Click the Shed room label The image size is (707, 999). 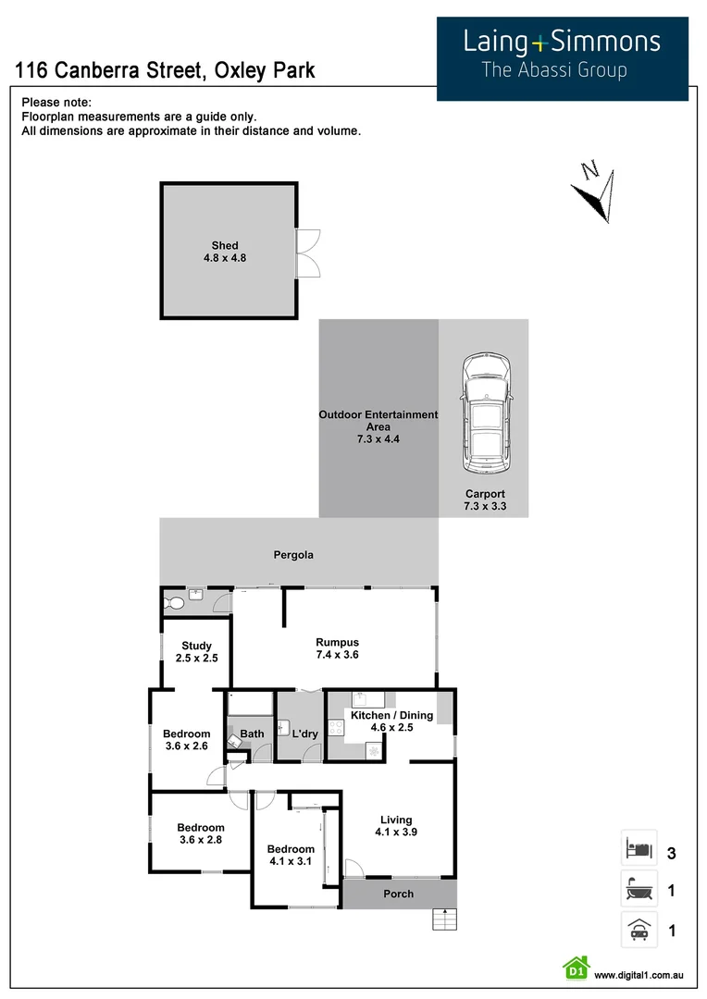point(225,252)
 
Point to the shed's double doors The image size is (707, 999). point(307,252)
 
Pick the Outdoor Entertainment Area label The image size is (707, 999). point(378,421)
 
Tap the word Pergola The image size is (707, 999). point(293,555)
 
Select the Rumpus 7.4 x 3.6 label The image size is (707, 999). point(337,648)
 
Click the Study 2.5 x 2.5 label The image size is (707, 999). point(196,652)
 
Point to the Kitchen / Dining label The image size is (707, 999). point(391,721)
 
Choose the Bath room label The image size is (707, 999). point(252,734)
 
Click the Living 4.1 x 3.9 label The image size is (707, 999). point(396,826)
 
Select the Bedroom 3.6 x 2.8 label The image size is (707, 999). point(201,833)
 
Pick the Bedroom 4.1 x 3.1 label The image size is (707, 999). point(291,855)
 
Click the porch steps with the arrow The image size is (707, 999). point(445,920)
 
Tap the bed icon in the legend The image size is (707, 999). point(639,847)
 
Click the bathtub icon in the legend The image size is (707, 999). point(639,891)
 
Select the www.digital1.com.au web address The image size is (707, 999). point(639,975)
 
